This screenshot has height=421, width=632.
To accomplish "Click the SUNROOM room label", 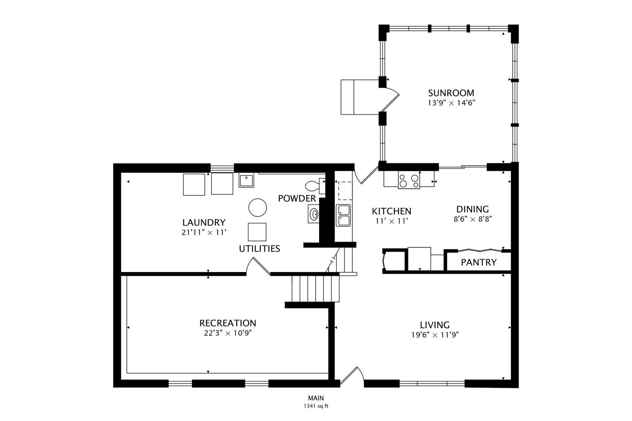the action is (x=451, y=93).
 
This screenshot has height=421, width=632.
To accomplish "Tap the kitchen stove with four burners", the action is (x=409, y=180).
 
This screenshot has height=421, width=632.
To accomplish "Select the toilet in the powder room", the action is (x=315, y=186).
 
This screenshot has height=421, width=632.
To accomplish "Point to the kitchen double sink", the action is (x=343, y=216).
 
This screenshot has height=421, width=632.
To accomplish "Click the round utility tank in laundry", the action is (x=257, y=207).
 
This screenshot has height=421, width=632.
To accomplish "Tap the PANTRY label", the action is (x=479, y=262).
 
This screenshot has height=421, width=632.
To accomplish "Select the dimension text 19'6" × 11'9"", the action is (x=435, y=335).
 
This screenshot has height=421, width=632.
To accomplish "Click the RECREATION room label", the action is (x=228, y=323).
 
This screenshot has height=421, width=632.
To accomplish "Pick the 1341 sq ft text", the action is (x=316, y=406).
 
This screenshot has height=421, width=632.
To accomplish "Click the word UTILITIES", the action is (x=259, y=248).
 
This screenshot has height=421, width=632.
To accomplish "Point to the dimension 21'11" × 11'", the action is (x=204, y=232).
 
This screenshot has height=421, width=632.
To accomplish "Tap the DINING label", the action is (x=472, y=209).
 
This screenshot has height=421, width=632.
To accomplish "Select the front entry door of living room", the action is (x=352, y=376).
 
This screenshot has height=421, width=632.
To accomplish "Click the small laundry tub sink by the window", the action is (x=246, y=180).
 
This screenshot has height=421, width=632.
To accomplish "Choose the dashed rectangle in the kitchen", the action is (x=345, y=191).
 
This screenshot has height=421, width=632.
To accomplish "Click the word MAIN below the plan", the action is (x=316, y=398).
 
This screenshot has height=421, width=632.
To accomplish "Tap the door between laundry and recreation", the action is (x=258, y=266).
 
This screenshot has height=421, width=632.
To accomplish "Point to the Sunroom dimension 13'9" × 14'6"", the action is (x=451, y=103).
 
